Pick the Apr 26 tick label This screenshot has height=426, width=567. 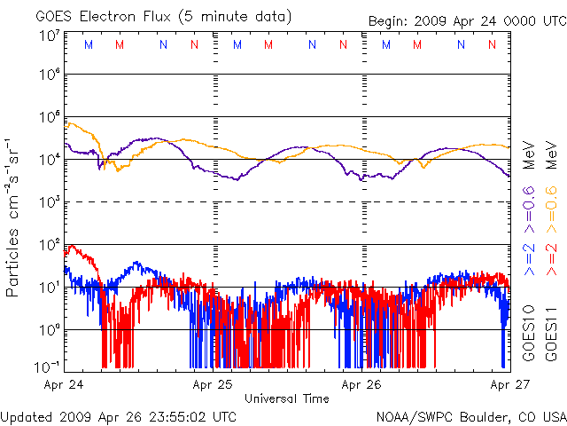coord(362,384)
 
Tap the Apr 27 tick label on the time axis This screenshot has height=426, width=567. coord(509,384)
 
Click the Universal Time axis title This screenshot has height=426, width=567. coord(287,398)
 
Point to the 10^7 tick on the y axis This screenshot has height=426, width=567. coord(50,36)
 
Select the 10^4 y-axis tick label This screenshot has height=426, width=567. coord(50,159)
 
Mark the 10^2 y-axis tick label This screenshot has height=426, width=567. coord(50,244)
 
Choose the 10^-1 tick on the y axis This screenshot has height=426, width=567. coord(48,367)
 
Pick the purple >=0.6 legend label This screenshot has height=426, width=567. coord(529,205)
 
